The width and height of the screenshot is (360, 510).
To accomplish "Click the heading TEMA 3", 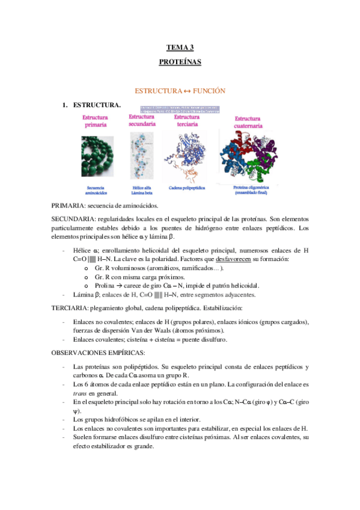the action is click(180, 48).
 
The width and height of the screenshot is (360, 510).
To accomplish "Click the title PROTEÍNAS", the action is click(180, 62).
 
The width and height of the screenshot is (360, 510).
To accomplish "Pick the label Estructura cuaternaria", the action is click(248, 123).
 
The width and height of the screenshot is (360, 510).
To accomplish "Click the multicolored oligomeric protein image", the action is click(248, 158).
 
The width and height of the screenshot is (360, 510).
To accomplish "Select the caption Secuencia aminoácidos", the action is click(96, 190).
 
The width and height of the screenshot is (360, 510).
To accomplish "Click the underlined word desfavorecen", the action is click(242, 259).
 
